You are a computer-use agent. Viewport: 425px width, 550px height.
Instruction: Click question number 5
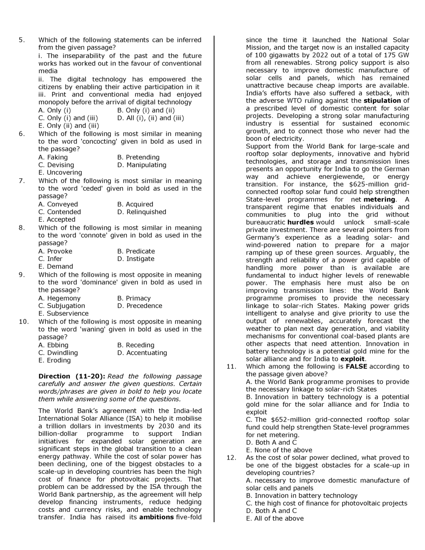[x=22, y=40]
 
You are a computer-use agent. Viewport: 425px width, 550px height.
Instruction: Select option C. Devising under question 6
[x=56, y=165]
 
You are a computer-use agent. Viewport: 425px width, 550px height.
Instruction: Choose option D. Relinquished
[x=142, y=212]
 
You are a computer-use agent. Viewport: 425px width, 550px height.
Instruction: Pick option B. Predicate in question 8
[x=136, y=251]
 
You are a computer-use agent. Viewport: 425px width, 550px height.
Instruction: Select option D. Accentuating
[x=142, y=353]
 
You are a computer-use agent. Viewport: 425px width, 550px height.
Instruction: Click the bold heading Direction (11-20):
[x=71, y=376]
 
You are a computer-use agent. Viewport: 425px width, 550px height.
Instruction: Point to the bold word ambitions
[x=156, y=517]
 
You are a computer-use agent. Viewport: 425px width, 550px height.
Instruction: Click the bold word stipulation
[x=382, y=101]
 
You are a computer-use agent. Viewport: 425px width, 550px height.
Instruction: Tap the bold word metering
[x=379, y=200]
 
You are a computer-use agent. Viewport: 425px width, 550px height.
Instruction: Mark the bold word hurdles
[x=300, y=222]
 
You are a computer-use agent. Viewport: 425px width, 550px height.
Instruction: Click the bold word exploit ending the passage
[x=352, y=359]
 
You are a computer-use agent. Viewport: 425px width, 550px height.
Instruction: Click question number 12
[x=231, y=458]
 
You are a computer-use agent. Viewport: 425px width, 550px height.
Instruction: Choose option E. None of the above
[x=279, y=450]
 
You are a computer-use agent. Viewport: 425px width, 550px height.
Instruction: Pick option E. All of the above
[x=275, y=519]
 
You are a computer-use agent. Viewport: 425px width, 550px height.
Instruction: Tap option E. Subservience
[x=63, y=314]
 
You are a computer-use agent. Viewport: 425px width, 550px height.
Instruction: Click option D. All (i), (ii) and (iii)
[x=150, y=118]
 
